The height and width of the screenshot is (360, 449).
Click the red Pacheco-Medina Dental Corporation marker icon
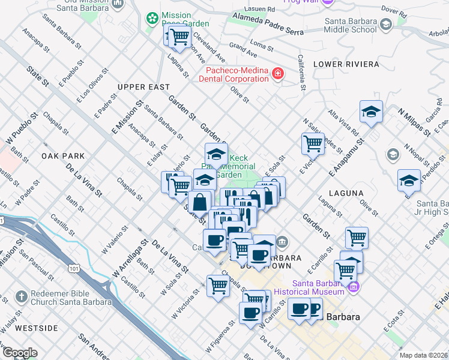(x=278, y=74)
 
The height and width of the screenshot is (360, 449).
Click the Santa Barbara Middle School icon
(x=385, y=24)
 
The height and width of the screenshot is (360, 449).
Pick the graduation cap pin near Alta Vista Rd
(x=372, y=112)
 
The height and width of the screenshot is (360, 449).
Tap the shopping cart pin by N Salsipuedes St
(x=313, y=143)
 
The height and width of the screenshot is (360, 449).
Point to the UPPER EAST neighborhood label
(x=143, y=87)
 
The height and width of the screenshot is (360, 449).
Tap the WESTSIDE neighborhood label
(x=36, y=328)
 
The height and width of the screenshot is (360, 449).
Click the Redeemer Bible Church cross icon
(x=21, y=296)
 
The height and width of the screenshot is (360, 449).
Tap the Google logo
(x=19, y=353)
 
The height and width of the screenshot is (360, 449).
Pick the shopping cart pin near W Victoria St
(x=218, y=286)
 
